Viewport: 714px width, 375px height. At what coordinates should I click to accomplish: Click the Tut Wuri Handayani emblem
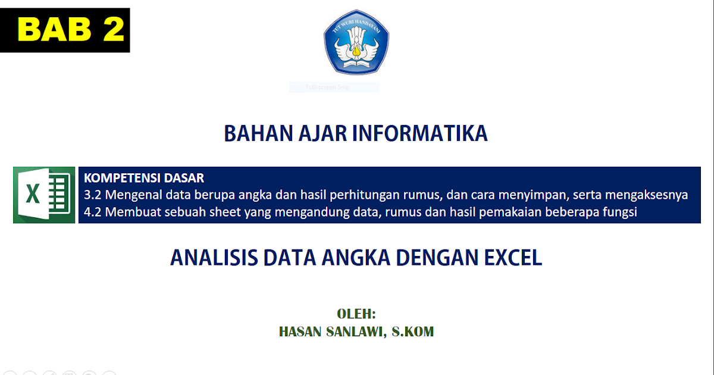pos(356,42)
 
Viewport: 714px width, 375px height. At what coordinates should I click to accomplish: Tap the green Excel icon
pos(44,195)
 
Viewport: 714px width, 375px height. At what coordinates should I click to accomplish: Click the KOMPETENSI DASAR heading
pos(144,178)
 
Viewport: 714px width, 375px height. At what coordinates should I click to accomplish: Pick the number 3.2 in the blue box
pos(93,195)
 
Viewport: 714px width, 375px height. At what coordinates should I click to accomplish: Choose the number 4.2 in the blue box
pos(93,212)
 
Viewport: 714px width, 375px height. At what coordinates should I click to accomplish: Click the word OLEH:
pos(356,314)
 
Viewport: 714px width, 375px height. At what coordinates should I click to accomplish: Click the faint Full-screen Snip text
pos(327,87)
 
